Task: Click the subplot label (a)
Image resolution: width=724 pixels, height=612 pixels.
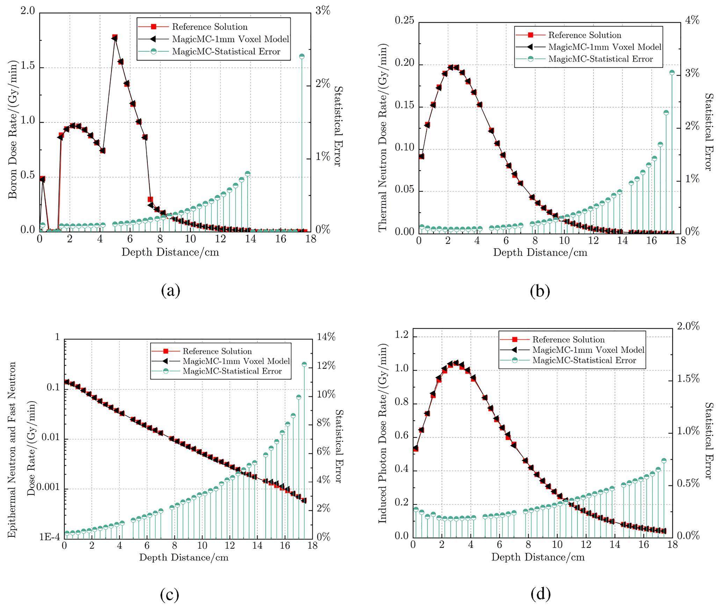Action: (171, 291)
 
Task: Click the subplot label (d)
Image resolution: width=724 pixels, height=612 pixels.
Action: (540, 594)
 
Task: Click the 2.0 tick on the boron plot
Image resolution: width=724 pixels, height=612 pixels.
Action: (28, 12)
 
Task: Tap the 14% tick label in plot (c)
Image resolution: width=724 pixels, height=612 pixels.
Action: (326, 337)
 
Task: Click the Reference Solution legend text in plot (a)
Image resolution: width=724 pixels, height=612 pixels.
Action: (210, 27)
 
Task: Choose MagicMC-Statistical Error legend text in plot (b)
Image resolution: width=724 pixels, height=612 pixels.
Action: (600, 59)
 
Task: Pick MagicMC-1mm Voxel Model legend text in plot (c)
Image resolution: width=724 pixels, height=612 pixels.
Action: (236, 361)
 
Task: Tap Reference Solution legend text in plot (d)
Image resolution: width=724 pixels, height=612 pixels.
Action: (568, 340)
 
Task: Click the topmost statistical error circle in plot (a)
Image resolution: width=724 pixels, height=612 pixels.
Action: (302, 56)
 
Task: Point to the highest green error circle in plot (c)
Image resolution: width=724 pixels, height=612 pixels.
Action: (304, 364)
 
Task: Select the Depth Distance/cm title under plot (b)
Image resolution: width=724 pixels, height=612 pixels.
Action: (540, 252)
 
